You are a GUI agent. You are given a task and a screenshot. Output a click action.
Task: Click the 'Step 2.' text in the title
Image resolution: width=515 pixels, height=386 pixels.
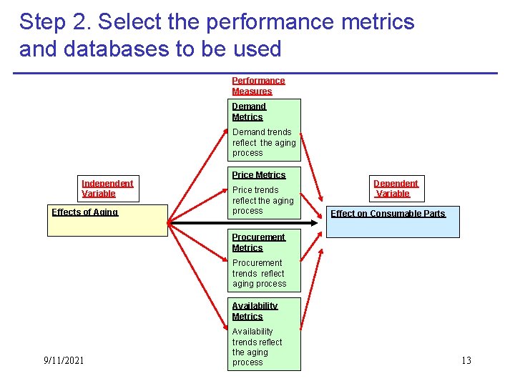click(55, 21)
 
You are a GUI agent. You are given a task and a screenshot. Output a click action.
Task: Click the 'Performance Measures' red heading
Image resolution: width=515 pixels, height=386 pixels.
click(258, 86)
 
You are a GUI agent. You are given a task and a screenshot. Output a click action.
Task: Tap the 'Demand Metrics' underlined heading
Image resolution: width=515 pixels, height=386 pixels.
click(248, 112)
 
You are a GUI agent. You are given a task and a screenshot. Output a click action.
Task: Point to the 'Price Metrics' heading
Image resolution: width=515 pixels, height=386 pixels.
click(258, 174)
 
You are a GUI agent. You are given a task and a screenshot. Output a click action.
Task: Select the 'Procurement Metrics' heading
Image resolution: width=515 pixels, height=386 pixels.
click(257, 242)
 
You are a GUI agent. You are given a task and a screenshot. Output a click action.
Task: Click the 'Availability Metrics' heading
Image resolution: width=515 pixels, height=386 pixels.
click(254, 311)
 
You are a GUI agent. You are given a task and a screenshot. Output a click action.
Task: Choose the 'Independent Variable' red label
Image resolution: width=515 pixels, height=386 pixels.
click(107, 188)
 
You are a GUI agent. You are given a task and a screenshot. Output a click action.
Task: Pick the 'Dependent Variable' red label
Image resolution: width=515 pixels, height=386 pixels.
click(395, 188)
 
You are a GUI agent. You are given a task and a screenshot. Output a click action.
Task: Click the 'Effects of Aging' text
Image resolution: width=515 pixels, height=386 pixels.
click(84, 212)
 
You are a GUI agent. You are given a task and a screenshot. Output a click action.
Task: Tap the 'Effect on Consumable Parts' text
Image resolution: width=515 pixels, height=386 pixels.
click(388, 214)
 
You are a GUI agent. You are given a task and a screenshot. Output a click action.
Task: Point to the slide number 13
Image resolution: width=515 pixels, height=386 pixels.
click(466, 360)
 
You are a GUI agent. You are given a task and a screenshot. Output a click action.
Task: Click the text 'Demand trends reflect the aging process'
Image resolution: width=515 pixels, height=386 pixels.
click(263, 142)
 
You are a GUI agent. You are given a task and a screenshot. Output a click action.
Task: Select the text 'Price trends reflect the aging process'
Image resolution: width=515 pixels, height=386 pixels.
click(263, 200)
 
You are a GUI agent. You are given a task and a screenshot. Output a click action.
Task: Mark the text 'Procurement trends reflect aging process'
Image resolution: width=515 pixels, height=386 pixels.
click(259, 273)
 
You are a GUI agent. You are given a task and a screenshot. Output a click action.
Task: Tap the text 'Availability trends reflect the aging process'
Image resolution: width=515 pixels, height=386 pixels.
click(257, 347)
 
